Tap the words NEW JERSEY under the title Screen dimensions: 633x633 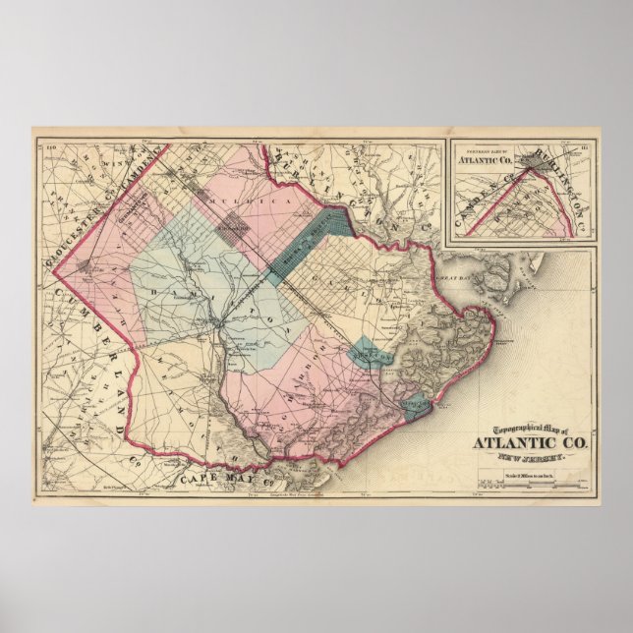coord(533,457)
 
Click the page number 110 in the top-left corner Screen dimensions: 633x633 coord(45,147)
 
